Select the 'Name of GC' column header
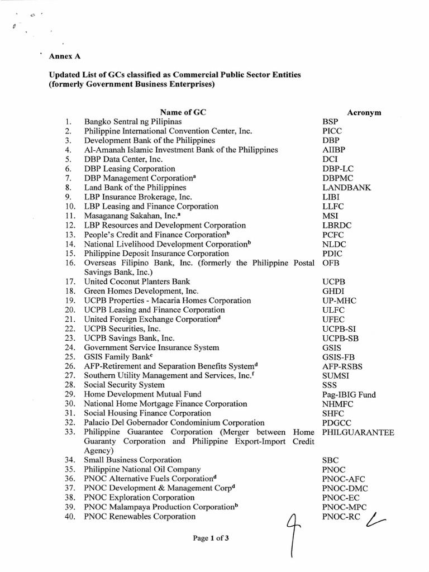(x=184, y=112)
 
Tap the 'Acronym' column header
(x=364, y=112)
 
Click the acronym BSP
(x=330, y=121)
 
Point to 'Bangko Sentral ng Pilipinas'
(x=133, y=121)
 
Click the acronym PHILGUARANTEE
(x=358, y=432)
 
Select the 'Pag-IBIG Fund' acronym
(x=349, y=394)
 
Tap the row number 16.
(x=70, y=263)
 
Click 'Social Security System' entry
(x=124, y=385)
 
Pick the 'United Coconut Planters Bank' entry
(x=137, y=282)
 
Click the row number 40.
(x=70, y=517)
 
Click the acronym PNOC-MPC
(x=344, y=507)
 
